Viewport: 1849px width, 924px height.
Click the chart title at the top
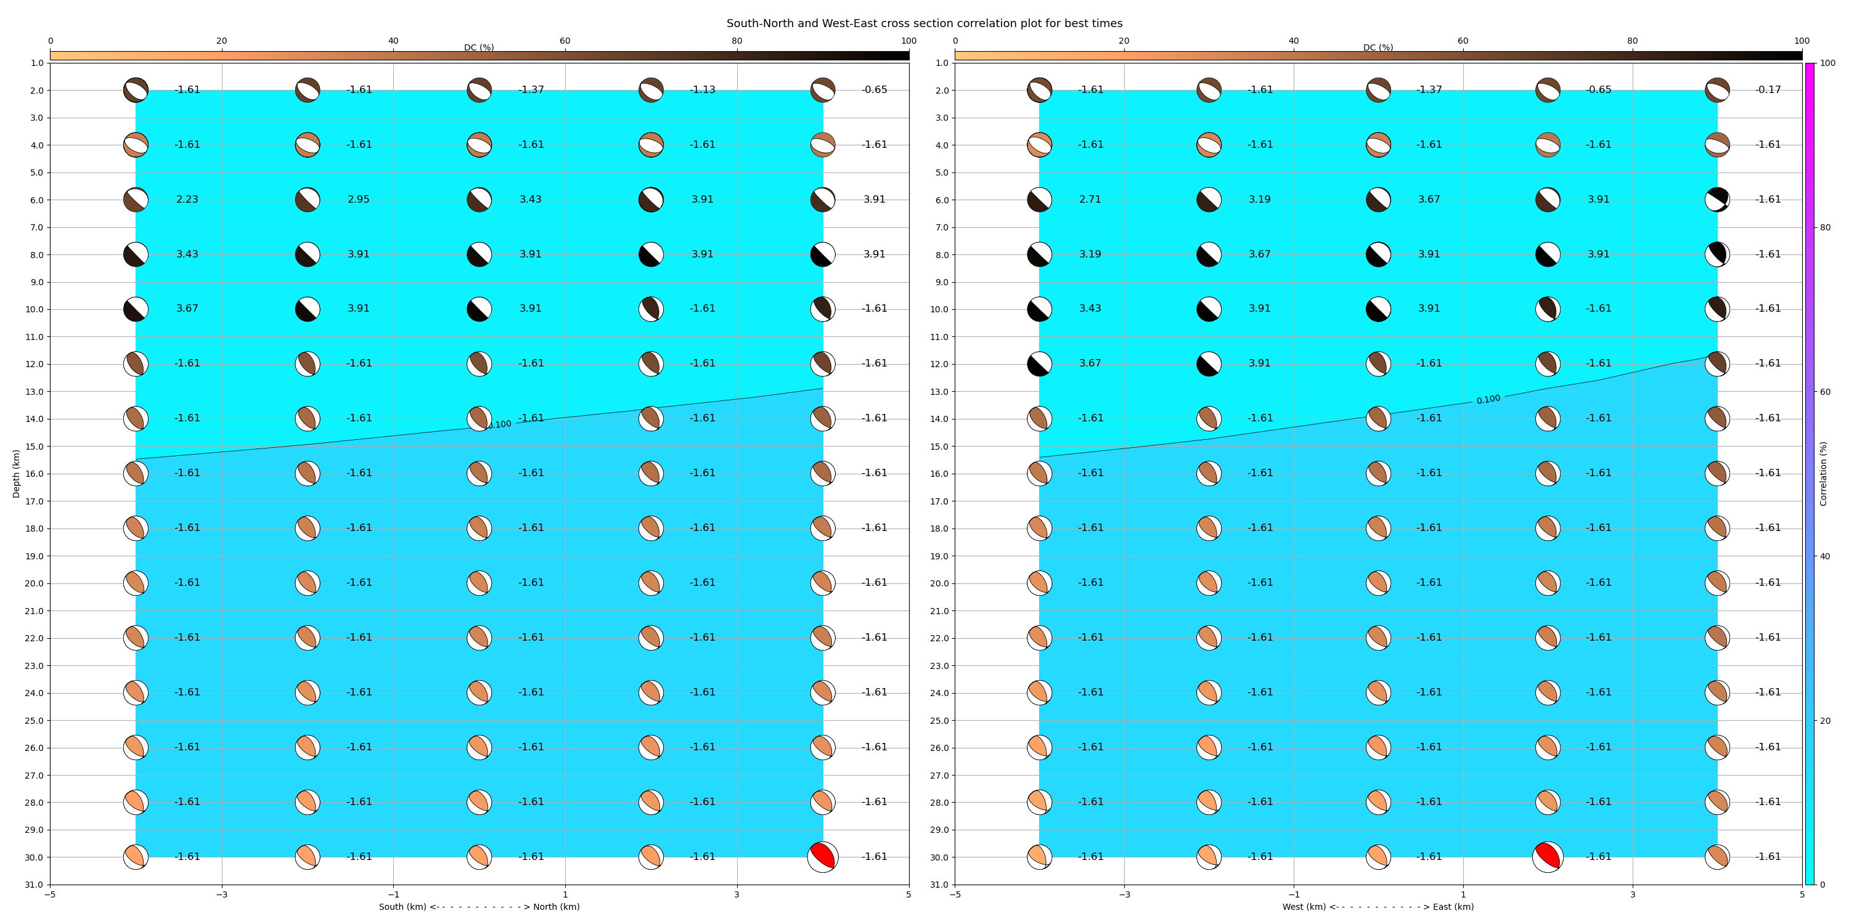click(924, 23)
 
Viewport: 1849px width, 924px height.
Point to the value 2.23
click(187, 200)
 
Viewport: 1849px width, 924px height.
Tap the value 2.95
click(359, 200)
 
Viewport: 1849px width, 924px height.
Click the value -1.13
click(703, 90)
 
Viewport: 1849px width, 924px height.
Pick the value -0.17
click(1769, 90)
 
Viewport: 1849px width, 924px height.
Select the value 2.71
click(1090, 200)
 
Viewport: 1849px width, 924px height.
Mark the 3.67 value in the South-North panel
click(187, 309)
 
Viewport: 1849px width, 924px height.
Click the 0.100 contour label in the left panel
click(499, 424)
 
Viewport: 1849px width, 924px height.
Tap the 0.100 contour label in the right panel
click(1488, 400)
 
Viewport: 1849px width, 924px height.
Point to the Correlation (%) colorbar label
click(1823, 474)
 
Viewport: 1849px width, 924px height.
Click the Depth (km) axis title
click(17, 474)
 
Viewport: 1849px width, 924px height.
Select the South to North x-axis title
click(479, 907)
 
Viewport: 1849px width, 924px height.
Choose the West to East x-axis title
click(1378, 907)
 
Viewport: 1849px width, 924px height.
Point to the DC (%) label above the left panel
click(479, 47)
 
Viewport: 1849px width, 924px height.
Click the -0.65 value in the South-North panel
click(874, 90)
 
